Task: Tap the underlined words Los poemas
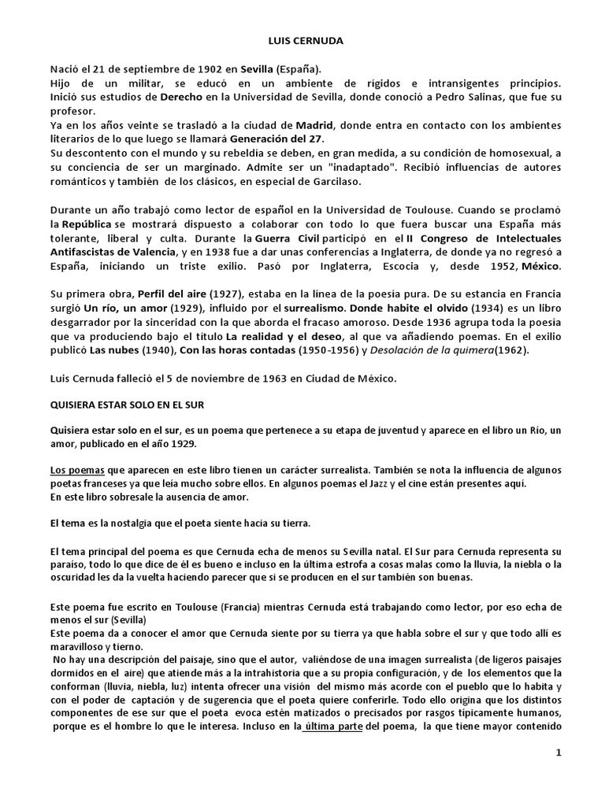(x=73, y=469)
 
